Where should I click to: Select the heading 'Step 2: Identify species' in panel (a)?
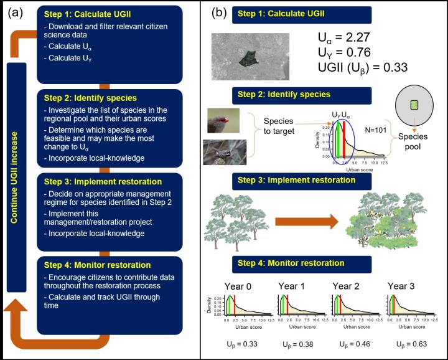(91, 98)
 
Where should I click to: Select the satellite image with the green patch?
(250, 56)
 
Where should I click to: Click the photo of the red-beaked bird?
(224, 121)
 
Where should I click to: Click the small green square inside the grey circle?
(414, 105)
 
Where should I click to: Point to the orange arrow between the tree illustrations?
(306, 222)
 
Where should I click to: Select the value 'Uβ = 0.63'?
(405, 344)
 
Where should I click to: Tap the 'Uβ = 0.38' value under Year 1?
(296, 344)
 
